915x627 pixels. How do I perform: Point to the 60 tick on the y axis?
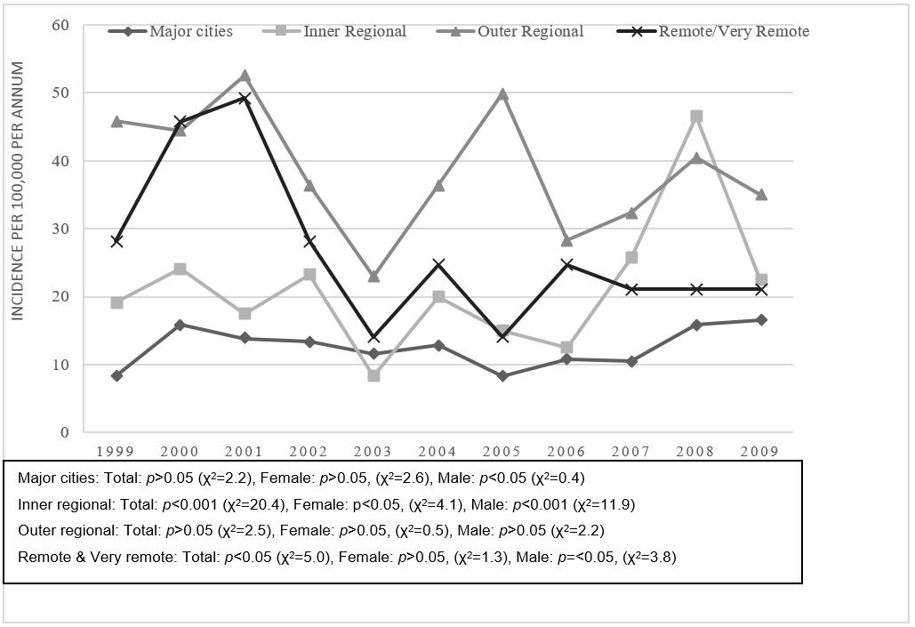point(60,25)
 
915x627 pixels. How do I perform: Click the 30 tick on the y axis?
point(60,229)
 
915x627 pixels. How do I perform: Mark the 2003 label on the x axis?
point(373,451)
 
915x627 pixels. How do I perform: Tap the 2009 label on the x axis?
point(760,451)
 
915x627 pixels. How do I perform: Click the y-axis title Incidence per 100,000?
point(17,191)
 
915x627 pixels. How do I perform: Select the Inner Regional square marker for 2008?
point(696,117)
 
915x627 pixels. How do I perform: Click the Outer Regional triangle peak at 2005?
point(503,94)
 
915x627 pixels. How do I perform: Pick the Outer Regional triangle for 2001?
point(245,76)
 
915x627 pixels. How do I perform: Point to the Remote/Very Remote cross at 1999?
point(116,241)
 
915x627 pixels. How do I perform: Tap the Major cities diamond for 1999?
point(116,375)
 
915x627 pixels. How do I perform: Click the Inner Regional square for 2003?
point(373,375)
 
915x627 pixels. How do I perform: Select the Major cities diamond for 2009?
point(760,319)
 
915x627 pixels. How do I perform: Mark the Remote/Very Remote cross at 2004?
point(438,264)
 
